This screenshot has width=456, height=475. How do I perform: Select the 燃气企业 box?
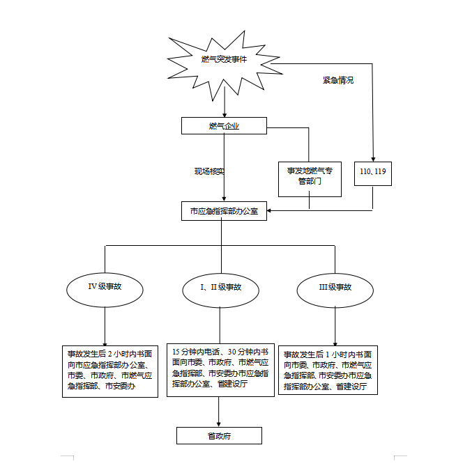(224, 126)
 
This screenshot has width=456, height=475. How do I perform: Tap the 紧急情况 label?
(337, 81)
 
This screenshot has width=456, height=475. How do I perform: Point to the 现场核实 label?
(209, 171)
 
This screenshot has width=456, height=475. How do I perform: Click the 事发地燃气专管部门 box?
(310, 176)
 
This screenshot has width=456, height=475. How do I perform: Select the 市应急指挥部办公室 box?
(224, 211)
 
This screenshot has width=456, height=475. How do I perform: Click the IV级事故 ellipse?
(105, 287)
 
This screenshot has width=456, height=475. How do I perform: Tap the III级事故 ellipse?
(335, 287)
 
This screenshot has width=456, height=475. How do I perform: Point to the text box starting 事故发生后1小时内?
(328, 371)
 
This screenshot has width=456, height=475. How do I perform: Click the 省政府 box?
(219, 436)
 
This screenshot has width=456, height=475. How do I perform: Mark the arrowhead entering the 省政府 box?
(219, 423)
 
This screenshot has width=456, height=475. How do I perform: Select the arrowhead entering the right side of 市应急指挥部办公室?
(271, 210)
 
